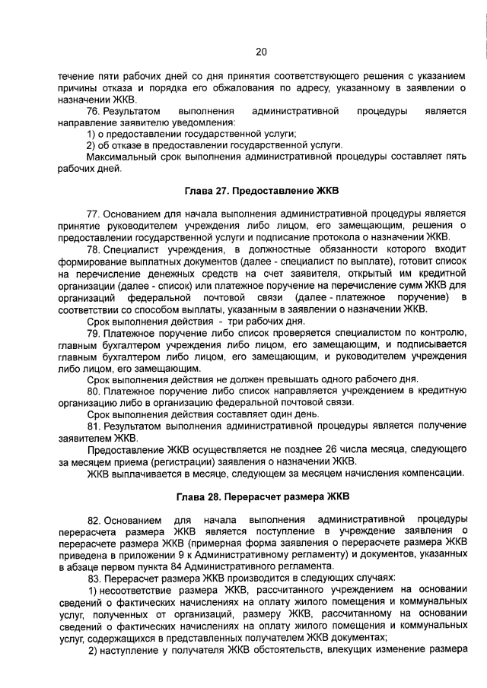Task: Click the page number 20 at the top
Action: [x=261, y=52]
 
